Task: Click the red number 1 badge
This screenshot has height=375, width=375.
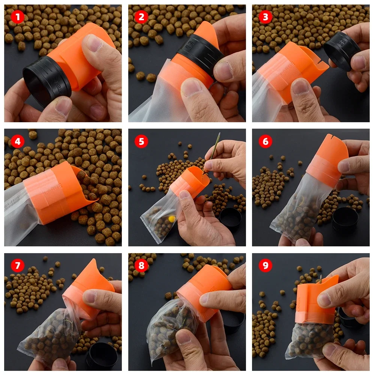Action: pyautogui.click(x=18, y=17)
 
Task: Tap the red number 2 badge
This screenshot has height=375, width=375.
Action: pyautogui.click(x=141, y=17)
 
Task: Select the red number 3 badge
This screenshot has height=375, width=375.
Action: pyautogui.click(x=265, y=17)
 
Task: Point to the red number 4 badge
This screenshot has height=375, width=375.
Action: pyautogui.click(x=18, y=141)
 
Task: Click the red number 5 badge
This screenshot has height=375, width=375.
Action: pyautogui.click(x=141, y=141)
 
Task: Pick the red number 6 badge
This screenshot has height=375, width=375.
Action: pyautogui.click(x=265, y=141)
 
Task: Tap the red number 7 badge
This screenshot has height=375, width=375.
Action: pyautogui.click(x=18, y=265)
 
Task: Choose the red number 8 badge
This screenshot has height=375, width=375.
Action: pyautogui.click(x=141, y=265)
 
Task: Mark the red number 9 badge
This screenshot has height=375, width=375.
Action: pyautogui.click(x=265, y=265)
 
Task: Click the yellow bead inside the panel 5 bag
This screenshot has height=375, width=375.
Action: pyautogui.click(x=171, y=218)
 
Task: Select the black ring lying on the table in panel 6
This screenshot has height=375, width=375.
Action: pyautogui.click(x=345, y=219)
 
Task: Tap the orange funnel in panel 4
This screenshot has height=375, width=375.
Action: pyautogui.click(x=56, y=191)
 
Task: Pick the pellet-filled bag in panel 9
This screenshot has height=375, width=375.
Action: pyautogui.click(x=309, y=341)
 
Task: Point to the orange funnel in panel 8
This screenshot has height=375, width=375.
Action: pyautogui.click(x=204, y=292)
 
